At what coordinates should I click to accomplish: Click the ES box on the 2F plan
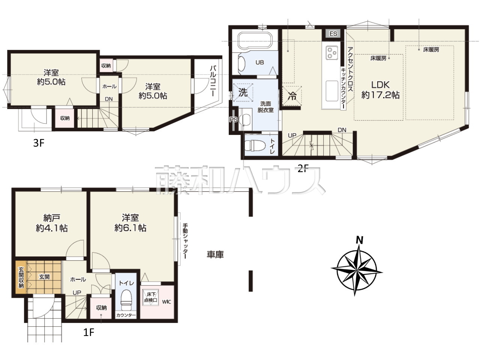pyautogui.click(x=333, y=33)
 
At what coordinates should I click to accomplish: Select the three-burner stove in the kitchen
pyautogui.click(x=332, y=52)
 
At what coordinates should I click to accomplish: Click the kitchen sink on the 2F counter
pyautogui.click(x=332, y=91)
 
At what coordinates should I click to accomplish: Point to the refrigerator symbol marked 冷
pyautogui.click(x=292, y=96)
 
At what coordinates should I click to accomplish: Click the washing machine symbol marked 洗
pyautogui.click(x=243, y=93)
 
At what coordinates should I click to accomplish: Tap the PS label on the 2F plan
pyautogui.click(x=233, y=120)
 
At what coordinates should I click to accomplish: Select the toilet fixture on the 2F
pyautogui.click(x=255, y=145)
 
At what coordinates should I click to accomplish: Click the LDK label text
pyautogui.click(x=381, y=85)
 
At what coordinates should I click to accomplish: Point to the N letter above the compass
pyautogui.click(x=359, y=240)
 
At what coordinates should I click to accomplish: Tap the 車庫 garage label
pyautogui.click(x=215, y=255)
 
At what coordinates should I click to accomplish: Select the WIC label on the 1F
pyautogui.click(x=166, y=302)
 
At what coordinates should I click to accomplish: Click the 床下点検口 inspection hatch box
pyautogui.click(x=151, y=297)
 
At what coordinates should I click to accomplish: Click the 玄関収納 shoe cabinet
pyautogui.click(x=21, y=277)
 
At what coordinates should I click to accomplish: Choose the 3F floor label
pyautogui.click(x=39, y=143)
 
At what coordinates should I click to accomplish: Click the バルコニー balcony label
pyautogui.click(x=213, y=81)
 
